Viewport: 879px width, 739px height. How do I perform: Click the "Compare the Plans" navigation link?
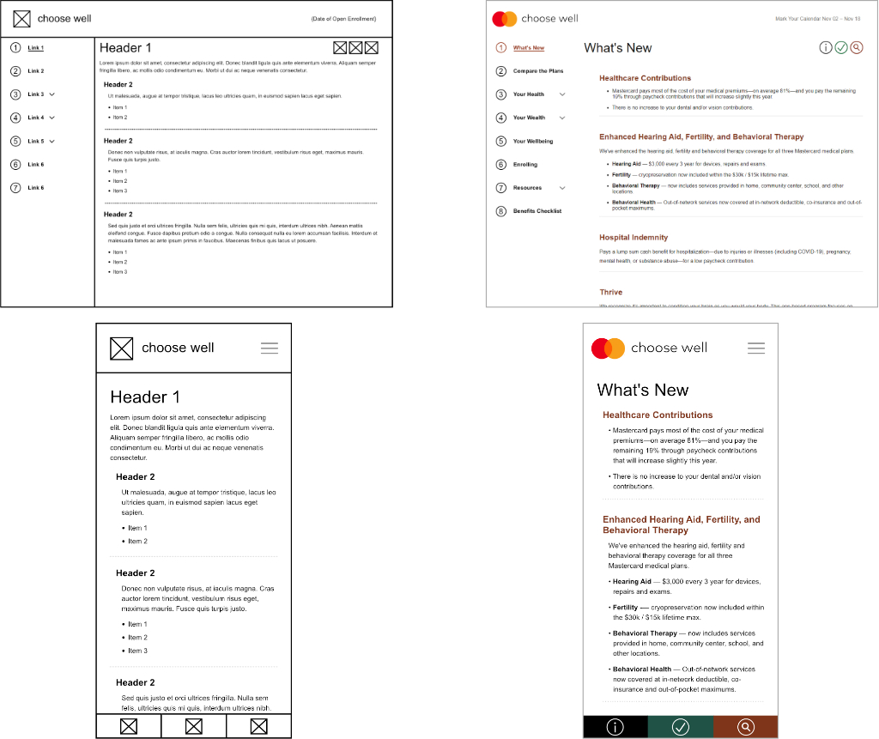[538, 71]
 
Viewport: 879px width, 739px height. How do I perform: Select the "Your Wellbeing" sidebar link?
[533, 141]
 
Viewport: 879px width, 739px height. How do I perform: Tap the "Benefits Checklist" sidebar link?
[536, 211]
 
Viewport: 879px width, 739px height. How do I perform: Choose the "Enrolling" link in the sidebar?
[525, 164]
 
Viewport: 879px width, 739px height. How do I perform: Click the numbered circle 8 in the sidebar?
[501, 211]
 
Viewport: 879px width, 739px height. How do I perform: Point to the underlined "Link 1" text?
[35, 48]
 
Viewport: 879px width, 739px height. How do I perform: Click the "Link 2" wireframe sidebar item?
[35, 71]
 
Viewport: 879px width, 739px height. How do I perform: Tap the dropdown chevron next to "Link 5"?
[52, 141]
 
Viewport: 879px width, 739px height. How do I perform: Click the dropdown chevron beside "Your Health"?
[562, 94]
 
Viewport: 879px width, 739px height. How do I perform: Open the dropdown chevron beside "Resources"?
[562, 188]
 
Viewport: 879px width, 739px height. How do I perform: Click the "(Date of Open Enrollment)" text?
[343, 19]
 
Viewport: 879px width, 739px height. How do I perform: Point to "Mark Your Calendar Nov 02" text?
[817, 19]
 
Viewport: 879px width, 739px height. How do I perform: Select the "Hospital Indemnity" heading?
[633, 238]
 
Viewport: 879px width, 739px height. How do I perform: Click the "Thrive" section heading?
[610, 293]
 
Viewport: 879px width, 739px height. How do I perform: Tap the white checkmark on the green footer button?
[681, 727]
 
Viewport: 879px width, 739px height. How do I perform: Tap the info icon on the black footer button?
[615, 727]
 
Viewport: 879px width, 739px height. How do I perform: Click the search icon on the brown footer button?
[746, 727]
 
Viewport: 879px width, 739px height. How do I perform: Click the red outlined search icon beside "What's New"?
[856, 48]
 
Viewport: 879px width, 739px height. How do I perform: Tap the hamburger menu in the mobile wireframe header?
[270, 348]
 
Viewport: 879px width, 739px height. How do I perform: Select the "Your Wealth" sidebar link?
[529, 118]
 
